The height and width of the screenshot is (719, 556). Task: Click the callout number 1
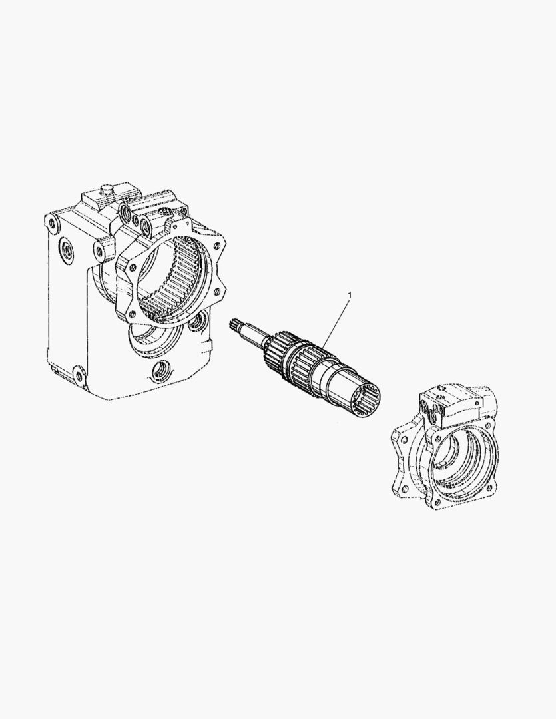pyautogui.click(x=350, y=293)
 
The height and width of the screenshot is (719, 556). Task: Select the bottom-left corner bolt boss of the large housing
pyautogui.click(x=79, y=376)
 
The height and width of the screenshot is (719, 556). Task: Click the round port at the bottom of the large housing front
pyautogui.click(x=160, y=369)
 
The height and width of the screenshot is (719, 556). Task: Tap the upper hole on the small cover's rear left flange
pyautogui.click(x=403, y=439)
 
